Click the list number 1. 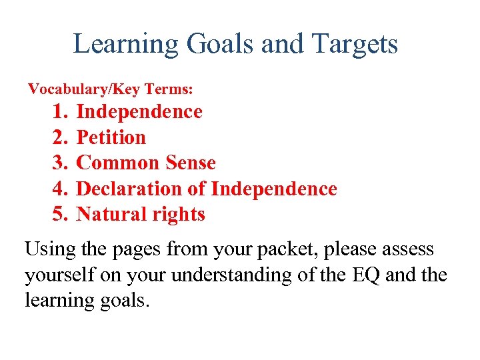(60, 111)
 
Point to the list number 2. (60, 137)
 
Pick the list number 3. (60, 163)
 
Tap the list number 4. (60, 189)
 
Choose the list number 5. (60, 214)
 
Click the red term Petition (111, 137)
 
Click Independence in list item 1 (139, 111)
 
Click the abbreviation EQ (365, 275)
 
